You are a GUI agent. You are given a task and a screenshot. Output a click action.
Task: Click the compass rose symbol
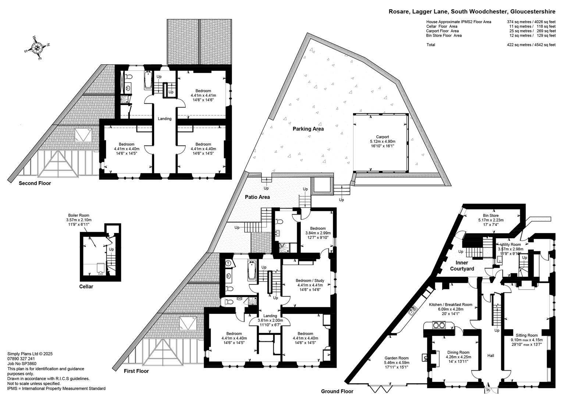click(x=37, y=48)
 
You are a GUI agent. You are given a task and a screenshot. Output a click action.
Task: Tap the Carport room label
click(x=383, y=137)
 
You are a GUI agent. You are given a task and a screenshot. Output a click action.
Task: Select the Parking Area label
click(x=308, y=129)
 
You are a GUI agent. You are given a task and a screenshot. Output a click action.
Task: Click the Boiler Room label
click(x=79, y=215)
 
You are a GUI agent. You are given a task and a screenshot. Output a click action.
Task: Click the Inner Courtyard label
click(x=462, y=266)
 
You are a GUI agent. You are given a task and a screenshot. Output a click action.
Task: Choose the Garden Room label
click(x=396, y=358)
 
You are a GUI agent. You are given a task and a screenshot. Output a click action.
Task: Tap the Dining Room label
click(x=458, y=353)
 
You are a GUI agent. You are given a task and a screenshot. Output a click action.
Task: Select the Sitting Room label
click(x=527, y=335)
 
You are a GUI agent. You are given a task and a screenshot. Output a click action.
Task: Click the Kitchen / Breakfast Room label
click(x=451, y=305)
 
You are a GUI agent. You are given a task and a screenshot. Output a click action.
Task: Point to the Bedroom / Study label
click(x=310, y=280)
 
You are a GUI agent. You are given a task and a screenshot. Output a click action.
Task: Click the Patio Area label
click(x=257, y=197)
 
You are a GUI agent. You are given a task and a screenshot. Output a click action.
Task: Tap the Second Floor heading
click(x=35, y=183)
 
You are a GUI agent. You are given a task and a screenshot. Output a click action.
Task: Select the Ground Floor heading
click(x=337, y=391)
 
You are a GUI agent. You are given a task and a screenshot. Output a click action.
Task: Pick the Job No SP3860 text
click(x=22, y=364)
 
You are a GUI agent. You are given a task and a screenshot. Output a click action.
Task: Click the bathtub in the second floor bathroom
click(x=148, y=80)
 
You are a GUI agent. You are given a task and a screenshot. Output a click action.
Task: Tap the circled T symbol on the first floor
click(x=228, y=263)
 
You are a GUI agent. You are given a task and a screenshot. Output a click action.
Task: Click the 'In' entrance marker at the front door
click(x=488, y=390)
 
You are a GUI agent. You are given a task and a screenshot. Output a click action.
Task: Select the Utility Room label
click(x=511, y=244)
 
